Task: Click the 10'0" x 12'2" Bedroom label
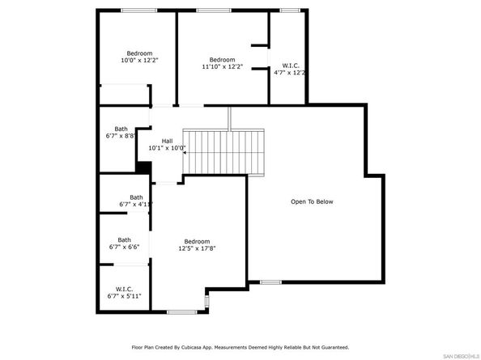tap(139, 57)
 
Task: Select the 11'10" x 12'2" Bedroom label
tap(222, 64)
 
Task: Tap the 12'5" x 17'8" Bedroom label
tap(196, 245)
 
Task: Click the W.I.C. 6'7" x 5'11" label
tap(124, 292)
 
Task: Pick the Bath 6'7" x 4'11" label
tap(135, 201)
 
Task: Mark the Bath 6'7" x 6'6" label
tap(124, 244)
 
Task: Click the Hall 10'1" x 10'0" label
tap(167, 145)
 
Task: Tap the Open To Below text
tap(312, 201)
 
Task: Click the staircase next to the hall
tap(223, 150)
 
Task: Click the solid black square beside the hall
tap(143, 168)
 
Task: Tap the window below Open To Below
tap(270, 282)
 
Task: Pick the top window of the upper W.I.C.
tap(289, 10)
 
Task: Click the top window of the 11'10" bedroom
tap(212, 10)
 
